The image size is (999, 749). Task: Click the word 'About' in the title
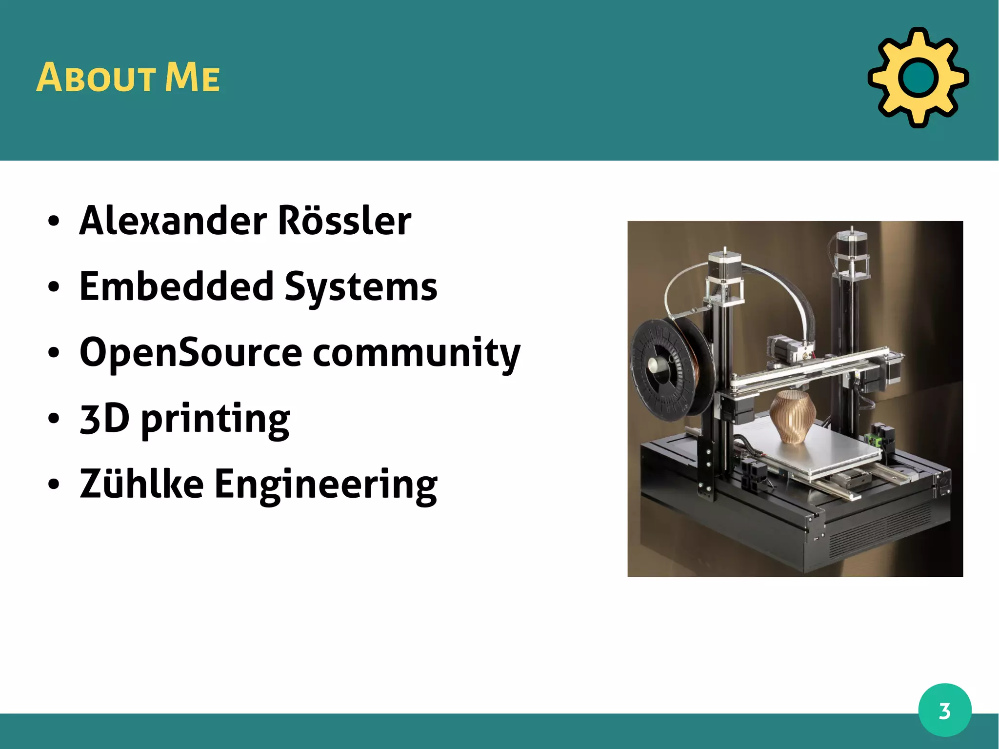click(x=96, y=78)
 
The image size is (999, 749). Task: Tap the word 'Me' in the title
click(x=192, y=78)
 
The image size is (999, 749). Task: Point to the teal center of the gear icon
click(x=918, y=78)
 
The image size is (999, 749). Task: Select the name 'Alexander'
click(x=173, y=221)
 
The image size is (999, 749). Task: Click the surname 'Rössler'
click(x=344, y=221)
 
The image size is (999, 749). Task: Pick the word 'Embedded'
click(x=177, y=286)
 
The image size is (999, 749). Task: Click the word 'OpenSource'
click(x=191, y=353)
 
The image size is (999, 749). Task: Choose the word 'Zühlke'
click(x=141, y=484)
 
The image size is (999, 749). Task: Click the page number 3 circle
click(x=944, y=710)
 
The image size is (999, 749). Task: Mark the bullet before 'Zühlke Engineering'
click(x=54, y=485)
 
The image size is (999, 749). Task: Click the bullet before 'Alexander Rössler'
click(x=54, y=221)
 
